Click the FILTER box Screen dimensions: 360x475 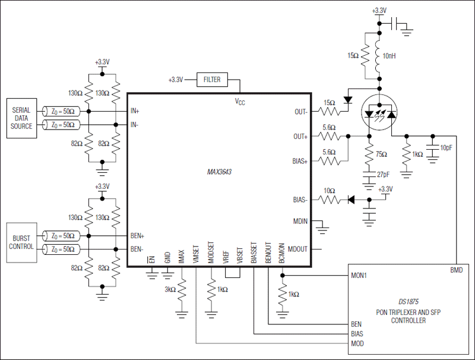pyautogui.click(x=211, y=79)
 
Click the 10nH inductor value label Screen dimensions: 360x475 pyautogui.click(x=389, y=55)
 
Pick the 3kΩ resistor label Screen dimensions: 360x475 pyautogui.click(x=171, y=290)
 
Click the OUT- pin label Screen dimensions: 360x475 pyautogui.click(x=300, y=111)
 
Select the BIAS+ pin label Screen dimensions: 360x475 pyautogui.click(x=299, y=160)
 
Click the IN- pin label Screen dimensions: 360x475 pyautogui.click(x=136, y=125)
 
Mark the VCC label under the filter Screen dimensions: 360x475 pyautogui.click(x=240, y=102)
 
